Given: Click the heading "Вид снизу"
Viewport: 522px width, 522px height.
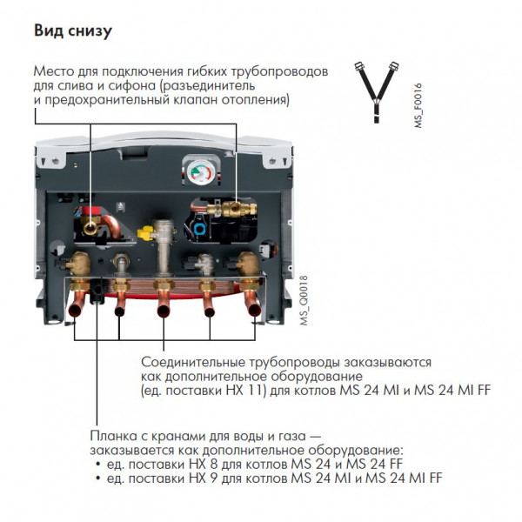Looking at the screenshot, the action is click(x=73, y=31).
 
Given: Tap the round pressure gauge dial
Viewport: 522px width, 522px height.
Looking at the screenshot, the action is click(x=200, y=171).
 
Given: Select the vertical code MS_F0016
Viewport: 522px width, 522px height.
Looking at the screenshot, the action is click(x=418, y=105).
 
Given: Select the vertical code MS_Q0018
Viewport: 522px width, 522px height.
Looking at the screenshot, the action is click(x=304, y=300).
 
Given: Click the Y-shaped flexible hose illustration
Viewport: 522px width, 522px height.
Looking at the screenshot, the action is click(x=377, y=92).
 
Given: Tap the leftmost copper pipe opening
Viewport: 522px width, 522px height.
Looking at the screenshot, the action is click(x=75, y=311).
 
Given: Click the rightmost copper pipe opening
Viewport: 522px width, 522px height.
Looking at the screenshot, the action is click(x=255, y=310).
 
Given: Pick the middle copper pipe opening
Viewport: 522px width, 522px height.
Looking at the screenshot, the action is click(x=164, y=311).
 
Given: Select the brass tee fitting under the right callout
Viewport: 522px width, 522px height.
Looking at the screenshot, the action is click(x=232, y=210).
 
